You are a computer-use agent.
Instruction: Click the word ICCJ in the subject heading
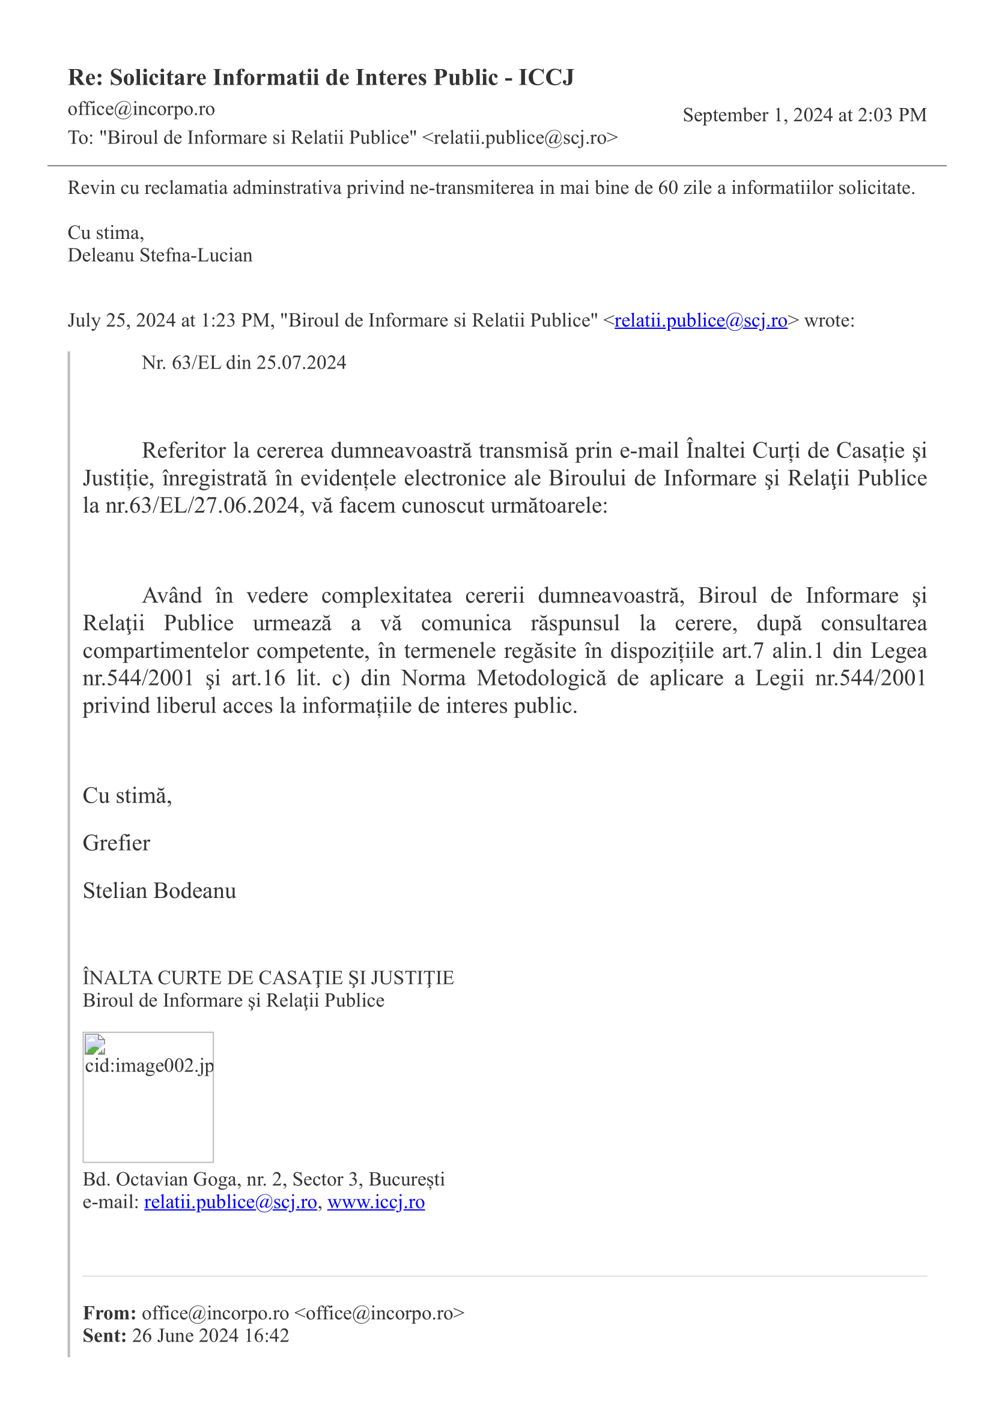(547, 77)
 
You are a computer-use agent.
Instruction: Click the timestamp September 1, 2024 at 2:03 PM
(804, 115)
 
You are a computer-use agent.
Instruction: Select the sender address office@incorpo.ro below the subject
(141, 109)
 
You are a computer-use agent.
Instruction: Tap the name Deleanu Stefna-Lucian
(160, 255)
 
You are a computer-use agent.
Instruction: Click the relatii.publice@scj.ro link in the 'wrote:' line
(700, 321)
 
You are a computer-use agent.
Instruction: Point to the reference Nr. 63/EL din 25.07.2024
(243, 363)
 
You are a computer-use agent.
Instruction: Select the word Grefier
(117, 843)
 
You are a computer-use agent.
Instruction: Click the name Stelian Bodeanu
(159, 891)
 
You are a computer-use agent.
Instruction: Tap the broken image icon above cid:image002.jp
(95, 1044)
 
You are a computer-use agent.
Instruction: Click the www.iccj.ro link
(375, 1202)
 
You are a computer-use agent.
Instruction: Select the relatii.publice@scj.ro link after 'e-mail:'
(230, 1202)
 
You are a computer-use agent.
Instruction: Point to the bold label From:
(109, 1313)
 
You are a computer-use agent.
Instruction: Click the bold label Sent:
(105, 1336)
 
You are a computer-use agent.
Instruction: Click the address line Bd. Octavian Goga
(263, 1179)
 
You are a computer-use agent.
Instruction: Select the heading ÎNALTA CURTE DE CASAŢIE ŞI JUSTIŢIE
(268, 978)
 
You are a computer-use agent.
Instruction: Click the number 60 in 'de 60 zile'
(668, 188)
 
